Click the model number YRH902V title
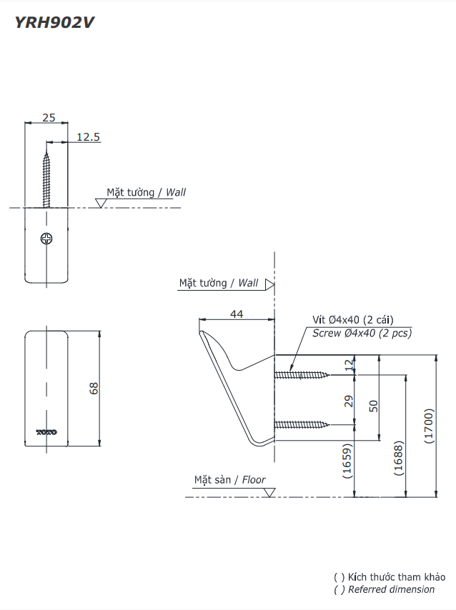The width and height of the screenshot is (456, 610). coord(54,22)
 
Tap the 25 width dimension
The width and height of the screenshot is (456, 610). coord(48,117)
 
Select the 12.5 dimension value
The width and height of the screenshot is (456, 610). coord(88,136)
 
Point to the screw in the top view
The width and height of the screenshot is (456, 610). coord(48,175)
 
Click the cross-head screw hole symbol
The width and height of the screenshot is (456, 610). coord(47,239)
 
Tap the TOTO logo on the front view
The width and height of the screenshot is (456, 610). coord(46,431)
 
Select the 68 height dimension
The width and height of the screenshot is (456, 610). coord(94,388)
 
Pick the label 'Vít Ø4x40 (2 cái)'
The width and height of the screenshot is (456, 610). coord(352,320)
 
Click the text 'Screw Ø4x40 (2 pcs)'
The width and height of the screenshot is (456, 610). coord(362,333)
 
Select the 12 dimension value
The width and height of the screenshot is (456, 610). coord(349,364)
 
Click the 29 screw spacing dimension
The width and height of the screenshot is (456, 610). coord(349,401)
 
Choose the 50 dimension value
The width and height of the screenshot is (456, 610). coord(373,405)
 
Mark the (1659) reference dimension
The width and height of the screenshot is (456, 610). coord(348,461)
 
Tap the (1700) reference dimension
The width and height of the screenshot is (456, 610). coord(429,426)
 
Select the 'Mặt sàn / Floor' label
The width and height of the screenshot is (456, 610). coord(229,480)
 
